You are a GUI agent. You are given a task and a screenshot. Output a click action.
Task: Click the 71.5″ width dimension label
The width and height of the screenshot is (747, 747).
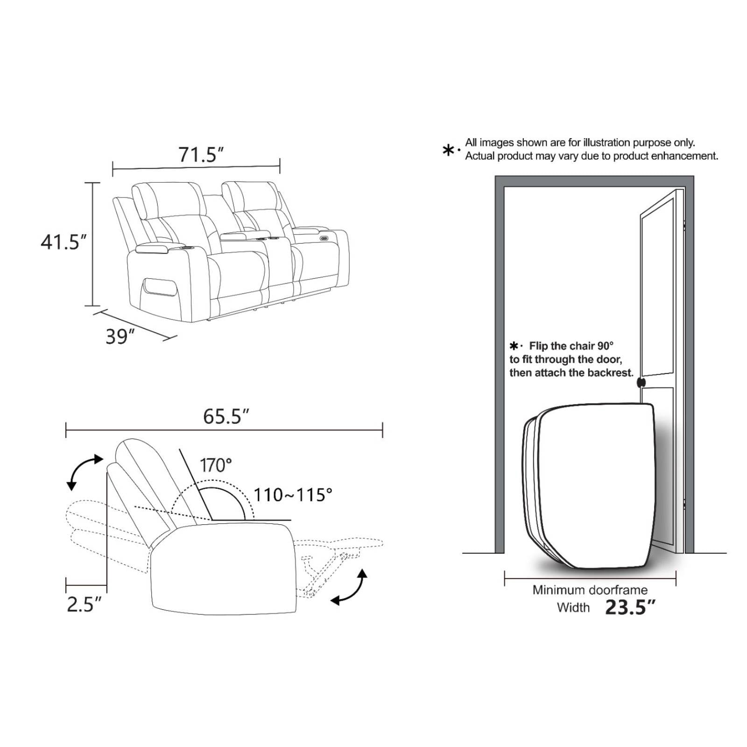(x=201, y=155)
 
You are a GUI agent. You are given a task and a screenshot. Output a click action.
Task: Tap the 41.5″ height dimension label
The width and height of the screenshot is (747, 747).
(x=63, y=242)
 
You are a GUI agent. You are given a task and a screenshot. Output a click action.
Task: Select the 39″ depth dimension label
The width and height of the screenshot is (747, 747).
(x=120, y=337)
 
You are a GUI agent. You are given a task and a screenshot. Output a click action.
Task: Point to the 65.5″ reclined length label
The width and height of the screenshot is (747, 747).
(x=226, y=416)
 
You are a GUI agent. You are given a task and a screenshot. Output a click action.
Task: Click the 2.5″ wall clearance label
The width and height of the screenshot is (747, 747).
(x=84, y=604)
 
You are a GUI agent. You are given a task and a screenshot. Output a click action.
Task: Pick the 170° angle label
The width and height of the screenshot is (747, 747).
(x=216, y=465)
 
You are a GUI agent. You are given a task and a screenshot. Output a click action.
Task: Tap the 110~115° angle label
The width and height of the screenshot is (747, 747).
(x=293, y=495)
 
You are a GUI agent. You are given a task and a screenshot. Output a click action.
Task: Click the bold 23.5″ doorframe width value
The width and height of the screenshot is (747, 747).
(x=630, y=607)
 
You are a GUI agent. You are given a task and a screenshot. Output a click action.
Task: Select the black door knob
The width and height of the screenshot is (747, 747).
(x=641, y=382)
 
